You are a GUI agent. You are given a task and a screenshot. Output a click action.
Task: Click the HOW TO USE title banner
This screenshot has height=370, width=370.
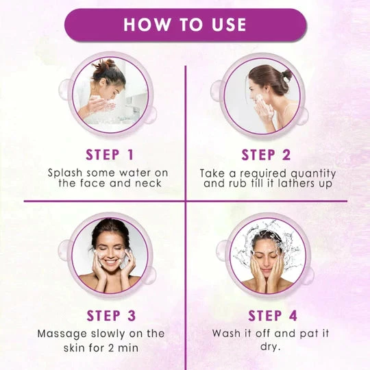[x=185, y=25]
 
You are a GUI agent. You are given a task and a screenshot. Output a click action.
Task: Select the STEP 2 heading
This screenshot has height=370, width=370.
[x=266, y=155]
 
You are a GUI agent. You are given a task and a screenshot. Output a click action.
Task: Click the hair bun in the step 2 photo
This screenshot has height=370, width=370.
[x=286, y=75]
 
